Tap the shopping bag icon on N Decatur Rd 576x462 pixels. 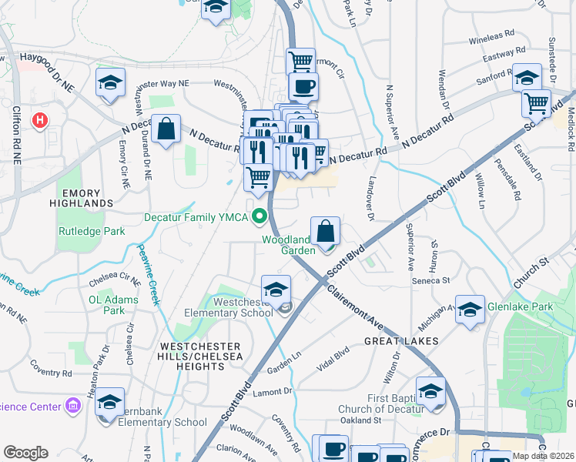166,129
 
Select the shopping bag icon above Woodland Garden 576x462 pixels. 326,230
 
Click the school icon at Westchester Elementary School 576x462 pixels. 276,290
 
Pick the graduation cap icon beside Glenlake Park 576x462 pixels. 470,310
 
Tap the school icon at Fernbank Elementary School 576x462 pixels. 110,402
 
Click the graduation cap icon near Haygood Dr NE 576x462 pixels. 111,82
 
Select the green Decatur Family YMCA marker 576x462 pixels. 260,217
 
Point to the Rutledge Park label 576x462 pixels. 91,230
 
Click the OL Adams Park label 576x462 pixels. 106,305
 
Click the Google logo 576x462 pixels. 25,453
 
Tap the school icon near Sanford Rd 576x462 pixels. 527,78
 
